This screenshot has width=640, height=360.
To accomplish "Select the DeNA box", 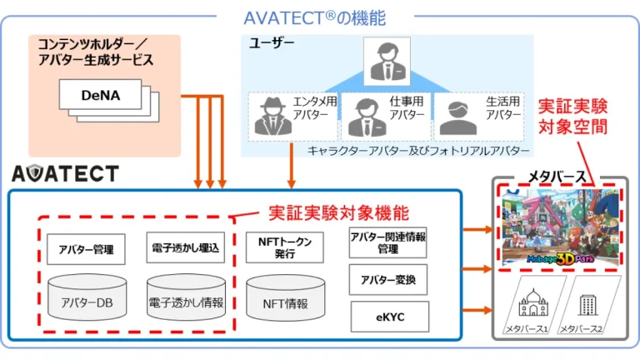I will [100, 96].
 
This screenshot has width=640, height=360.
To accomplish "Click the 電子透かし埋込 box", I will [185, 248].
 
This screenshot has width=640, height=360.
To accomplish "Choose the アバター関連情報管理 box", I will [387, 242].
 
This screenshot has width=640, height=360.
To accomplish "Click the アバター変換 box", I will [387, 279].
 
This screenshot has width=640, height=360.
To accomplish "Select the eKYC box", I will [387, 317].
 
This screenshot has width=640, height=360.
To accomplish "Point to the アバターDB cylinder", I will [87, 299].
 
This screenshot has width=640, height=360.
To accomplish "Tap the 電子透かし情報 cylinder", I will [186, 299].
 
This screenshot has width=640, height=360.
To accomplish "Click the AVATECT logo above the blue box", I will [65, 173].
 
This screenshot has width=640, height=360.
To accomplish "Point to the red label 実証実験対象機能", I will [338, 213].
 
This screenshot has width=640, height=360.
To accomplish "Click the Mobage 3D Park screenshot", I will [562, 226].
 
